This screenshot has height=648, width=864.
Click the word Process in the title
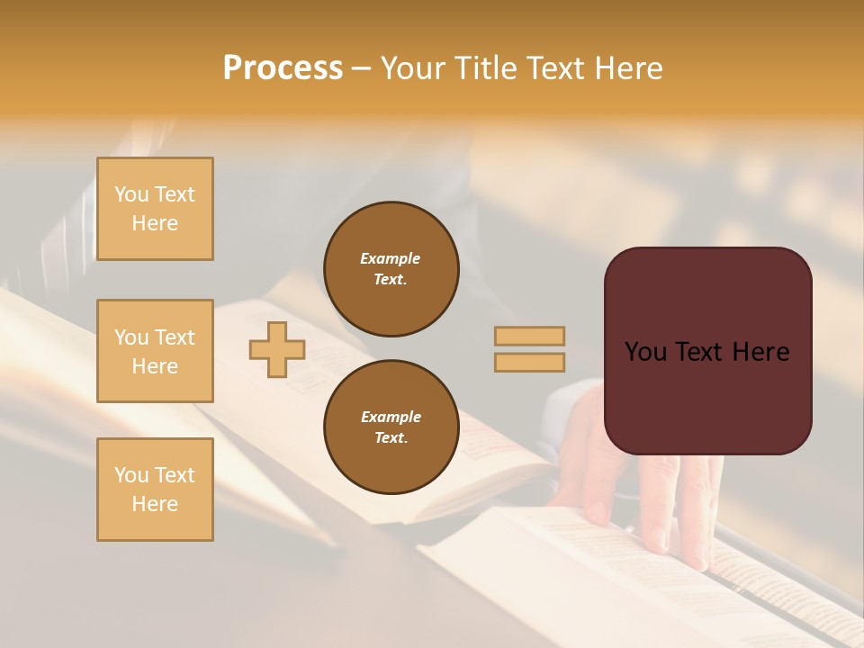click(x=283, y=68)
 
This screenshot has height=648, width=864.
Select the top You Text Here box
click(x=155, y=209)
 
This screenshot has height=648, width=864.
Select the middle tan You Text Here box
click(x=155, y=351)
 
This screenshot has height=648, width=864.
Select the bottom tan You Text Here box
click(x=155, y=490)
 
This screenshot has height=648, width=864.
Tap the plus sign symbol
click(x=277, y=349)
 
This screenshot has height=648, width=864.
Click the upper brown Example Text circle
click(x=391, y=269)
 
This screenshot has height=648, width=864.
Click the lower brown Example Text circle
click(x=391, y=427)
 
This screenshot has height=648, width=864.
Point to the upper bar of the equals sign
click(x=530, y=336)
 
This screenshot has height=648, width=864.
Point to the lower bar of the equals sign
click(x=530, y=362)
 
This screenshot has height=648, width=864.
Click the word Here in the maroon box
click(x=760, y=352)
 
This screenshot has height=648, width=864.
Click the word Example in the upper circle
click(x=391, y=258)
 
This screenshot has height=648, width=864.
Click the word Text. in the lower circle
click(x=391, y=438)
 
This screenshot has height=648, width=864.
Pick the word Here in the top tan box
click(x=155, y=223)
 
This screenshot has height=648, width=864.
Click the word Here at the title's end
click(x=629, y=68)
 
